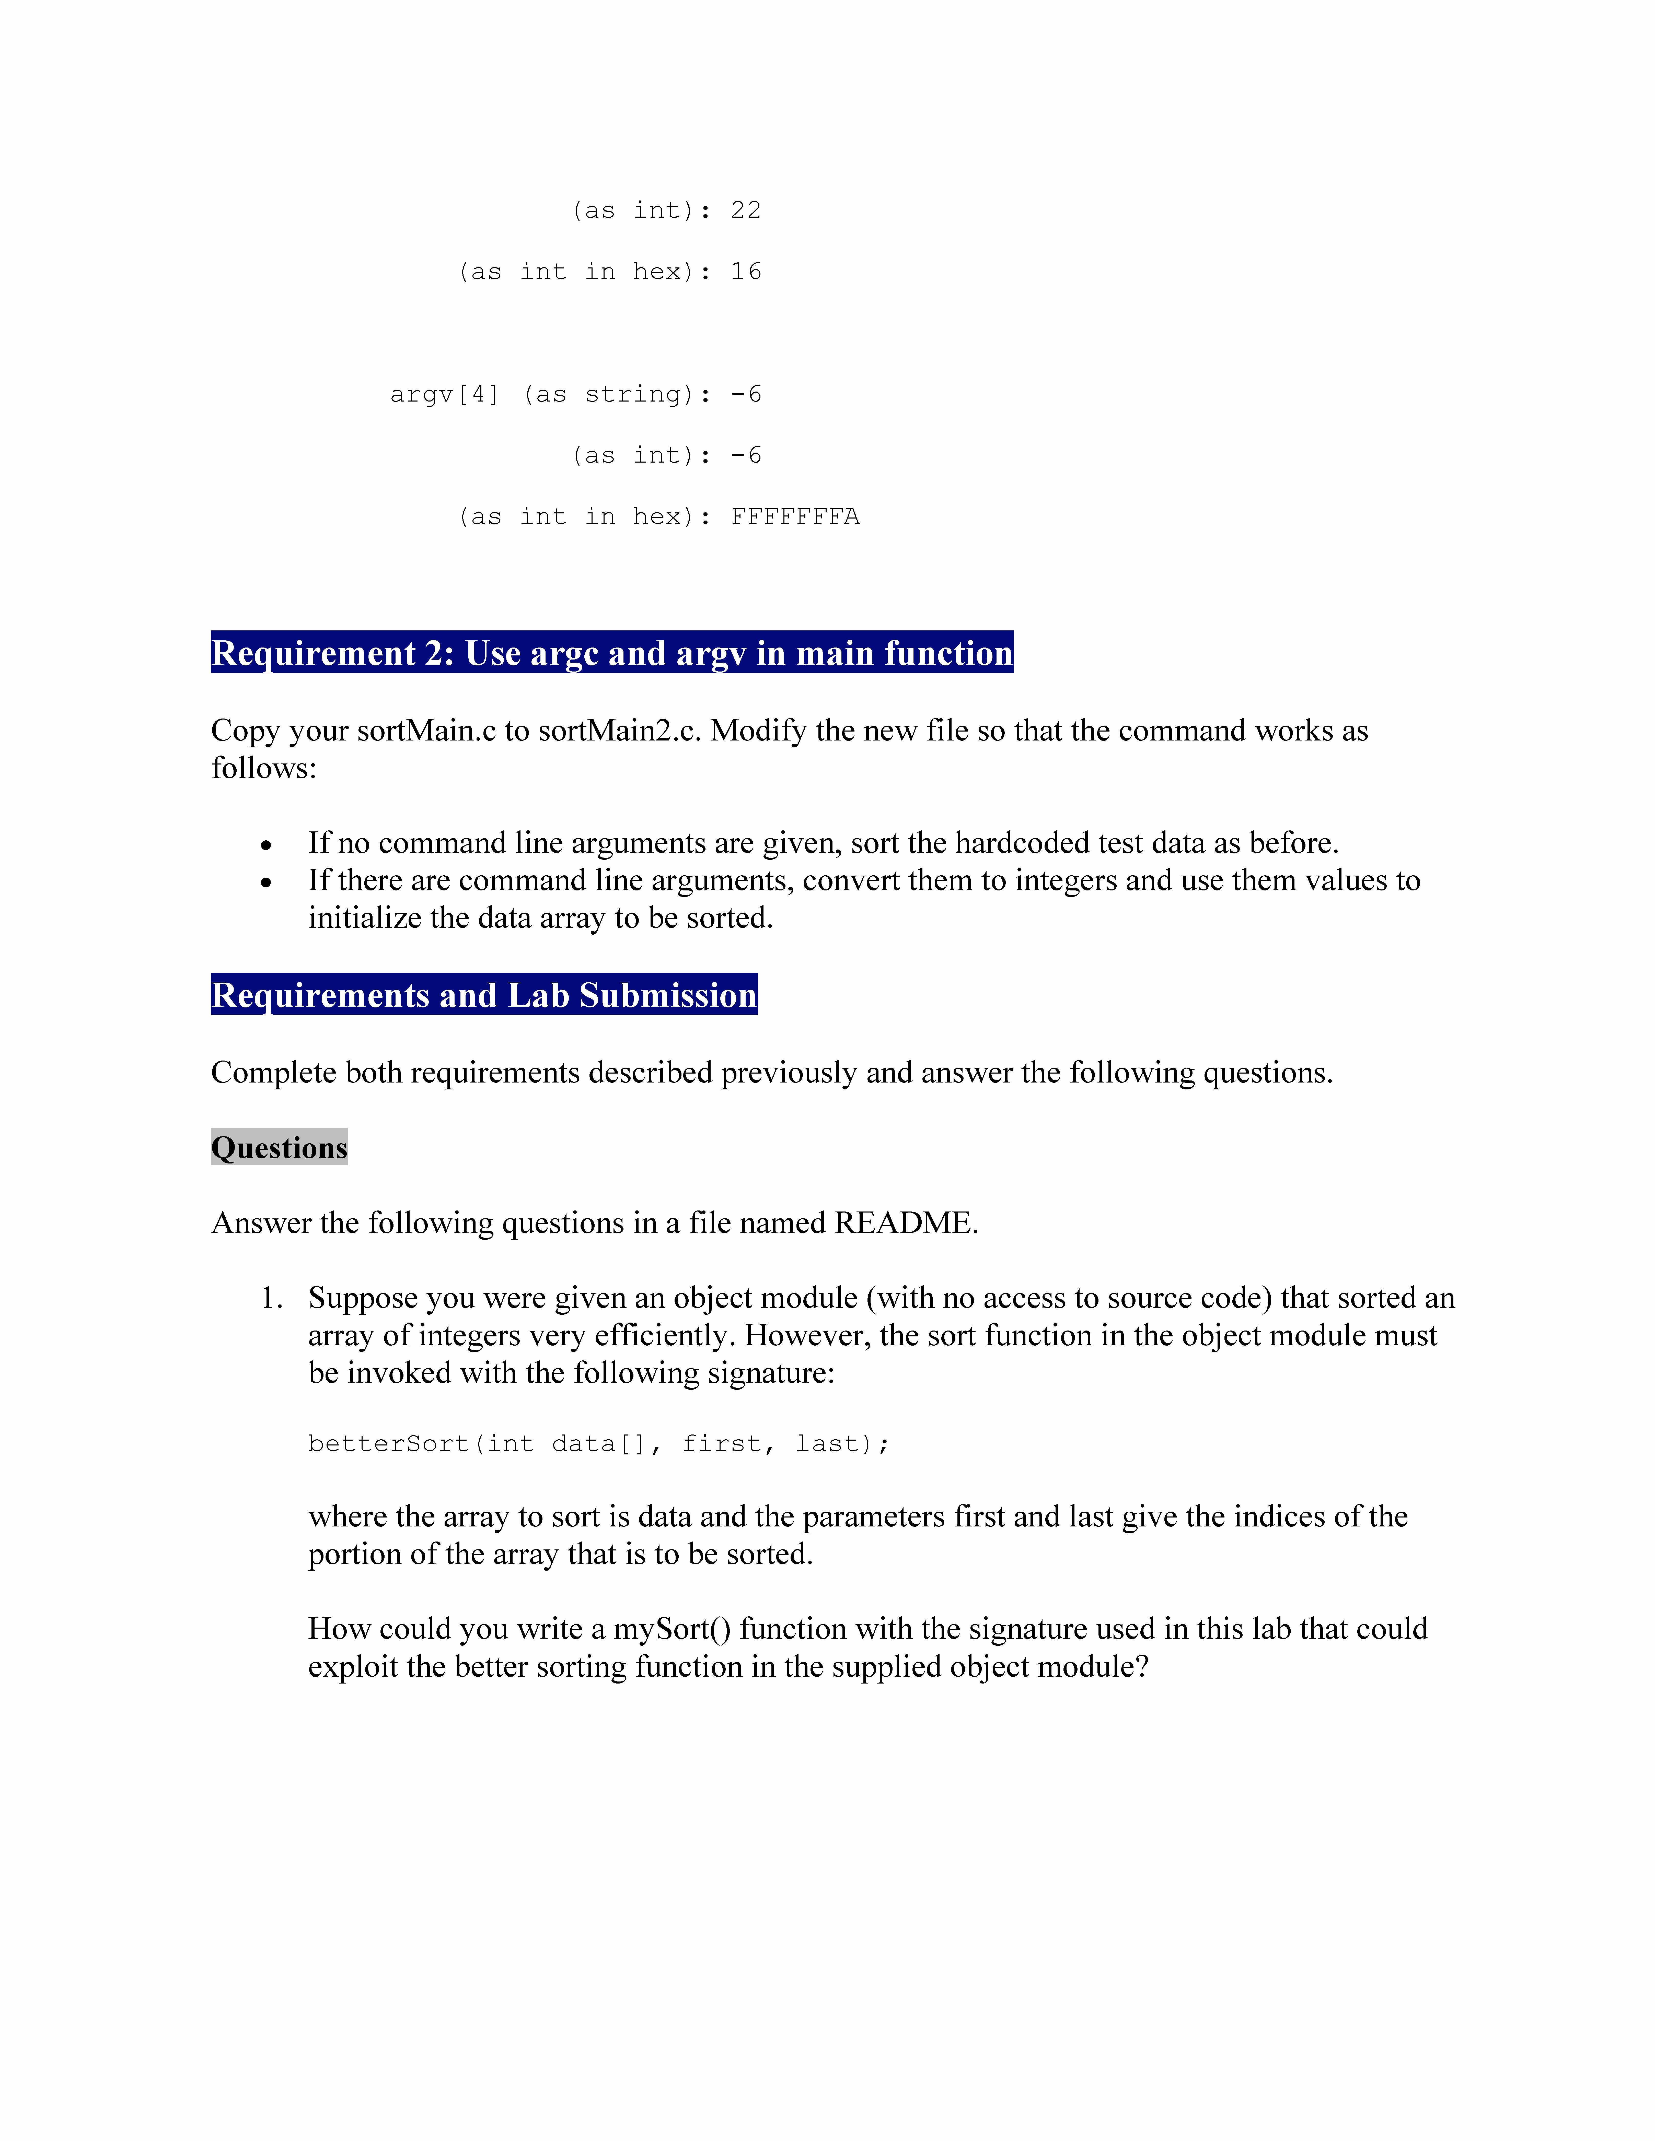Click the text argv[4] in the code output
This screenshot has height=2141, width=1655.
pyautogui.click(x=444, y=394)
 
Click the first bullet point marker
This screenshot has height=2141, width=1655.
pyautogui.click(x=266, y=844)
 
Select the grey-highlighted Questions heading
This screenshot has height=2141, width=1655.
pyautogui.click(x=280, y=1147)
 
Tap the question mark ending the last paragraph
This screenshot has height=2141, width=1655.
pyautogui.click(x=1140, y=1666)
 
